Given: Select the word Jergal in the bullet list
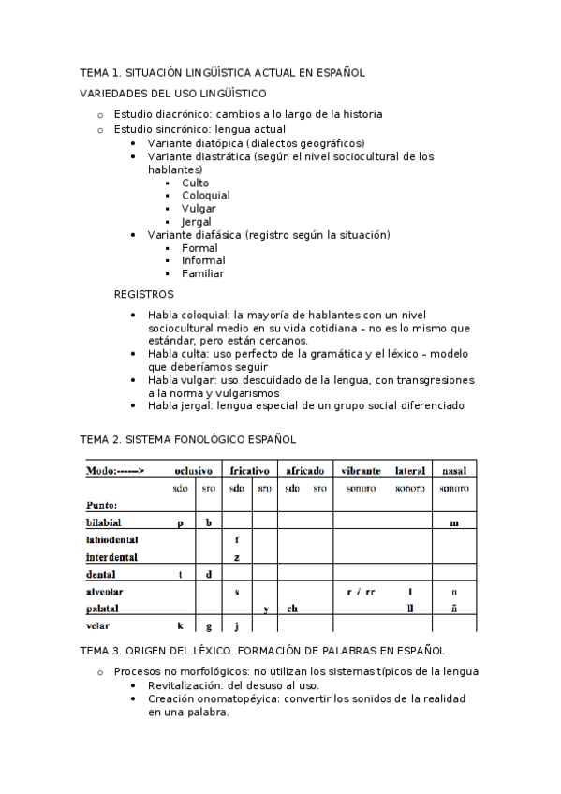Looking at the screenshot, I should click(197, 222).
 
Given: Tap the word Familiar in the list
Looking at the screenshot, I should click(202, 273).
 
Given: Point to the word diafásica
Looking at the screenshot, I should click(216, 235).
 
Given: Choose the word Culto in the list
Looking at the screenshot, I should click(196, 183).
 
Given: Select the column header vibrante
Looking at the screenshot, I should click(361, 470).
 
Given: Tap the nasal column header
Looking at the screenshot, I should click(454, 470).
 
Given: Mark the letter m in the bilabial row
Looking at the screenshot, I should click(453, 522).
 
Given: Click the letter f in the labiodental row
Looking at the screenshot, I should click(237, 539).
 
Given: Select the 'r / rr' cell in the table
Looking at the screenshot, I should click(361, 592).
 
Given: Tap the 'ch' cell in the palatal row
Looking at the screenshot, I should click(292, 609).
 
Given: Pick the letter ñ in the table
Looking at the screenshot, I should click(454, 609).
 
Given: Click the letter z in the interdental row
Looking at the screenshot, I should click(237, 557).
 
